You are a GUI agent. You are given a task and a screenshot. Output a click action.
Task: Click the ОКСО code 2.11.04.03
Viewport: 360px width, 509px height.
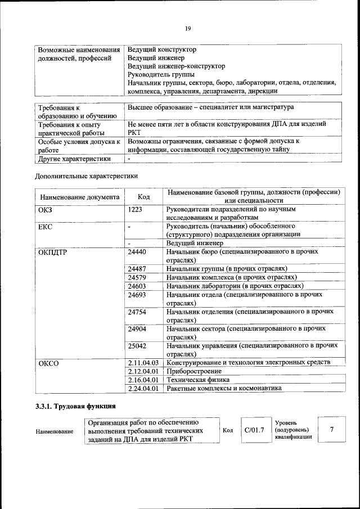tap(144, 363)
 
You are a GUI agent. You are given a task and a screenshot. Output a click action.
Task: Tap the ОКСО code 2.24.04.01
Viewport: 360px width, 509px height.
tap(144, 388)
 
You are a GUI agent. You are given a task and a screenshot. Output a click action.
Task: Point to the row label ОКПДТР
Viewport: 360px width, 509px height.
tap(52, 252)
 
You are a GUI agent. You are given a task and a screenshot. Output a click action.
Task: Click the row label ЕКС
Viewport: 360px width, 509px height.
tap(45, 227)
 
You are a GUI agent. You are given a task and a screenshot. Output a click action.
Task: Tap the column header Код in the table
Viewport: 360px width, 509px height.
tap(143, 197)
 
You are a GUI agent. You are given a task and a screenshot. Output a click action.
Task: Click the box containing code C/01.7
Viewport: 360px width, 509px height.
tap(254, 430)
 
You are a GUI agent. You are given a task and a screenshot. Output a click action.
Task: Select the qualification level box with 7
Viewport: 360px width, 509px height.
tap(332, 430)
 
